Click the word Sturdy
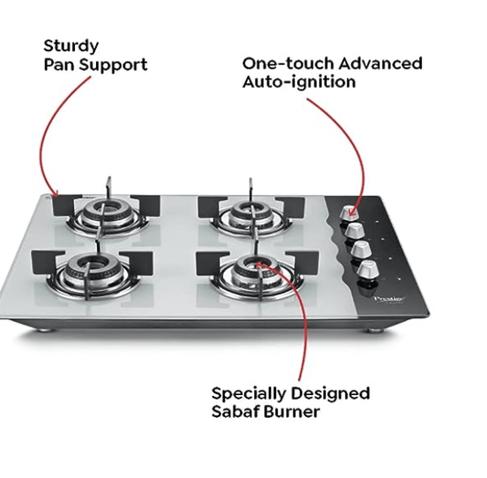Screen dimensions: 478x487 (71, 45)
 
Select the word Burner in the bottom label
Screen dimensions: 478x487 (292, 412)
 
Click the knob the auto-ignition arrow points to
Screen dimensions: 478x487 (348, 213)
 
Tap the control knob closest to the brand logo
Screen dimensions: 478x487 (368, 269)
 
